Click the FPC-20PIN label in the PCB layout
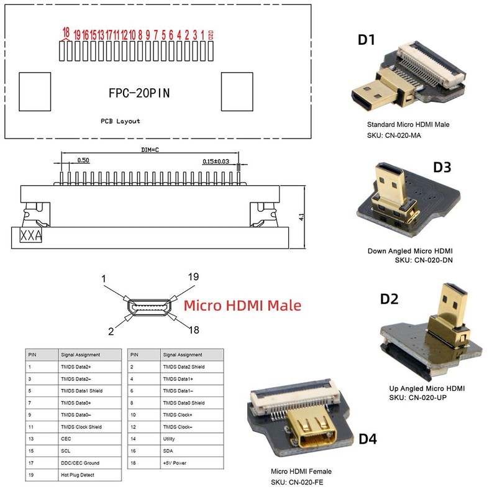[139, 93]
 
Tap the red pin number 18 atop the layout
[66, 32]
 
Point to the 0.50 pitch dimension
[83, 160]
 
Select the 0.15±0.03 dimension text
[220, 161]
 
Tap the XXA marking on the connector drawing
[31, 236]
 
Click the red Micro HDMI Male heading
[242, 306]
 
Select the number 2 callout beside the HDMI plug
[112, 332]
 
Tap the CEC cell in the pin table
[66, 439]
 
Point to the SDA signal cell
[168, 451]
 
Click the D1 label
[367, 40]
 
